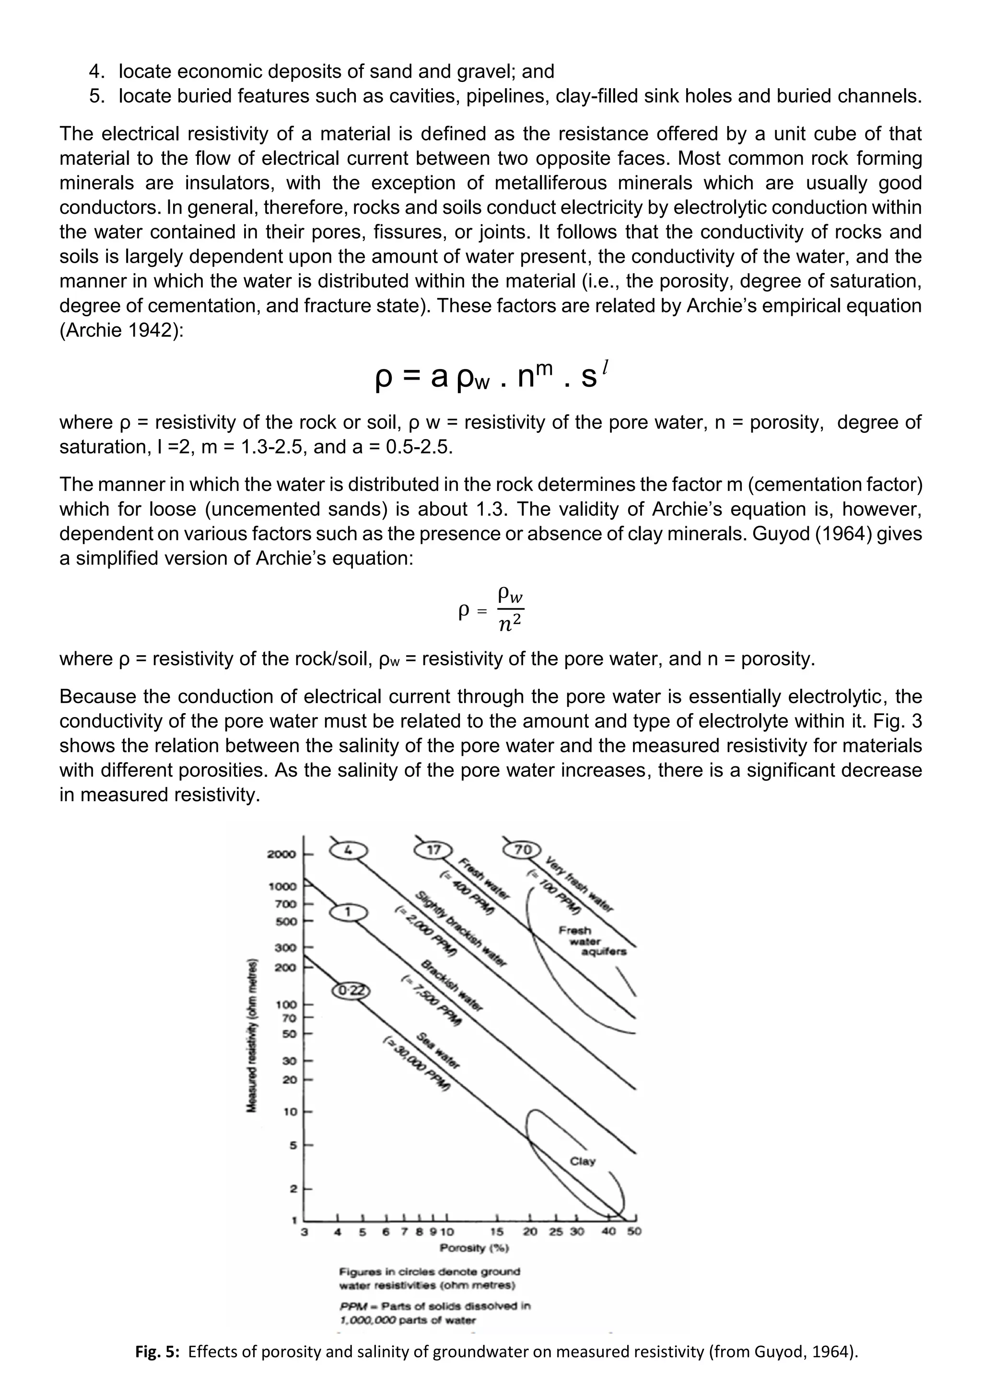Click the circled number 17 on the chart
(433, 850)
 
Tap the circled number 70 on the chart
(523, 849)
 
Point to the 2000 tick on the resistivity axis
(282, 854)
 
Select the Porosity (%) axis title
(475, 1248)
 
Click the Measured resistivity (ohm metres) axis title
(250, 1034)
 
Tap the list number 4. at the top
(97, 71)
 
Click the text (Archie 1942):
(121, 330)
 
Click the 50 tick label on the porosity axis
(634, 1231)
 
